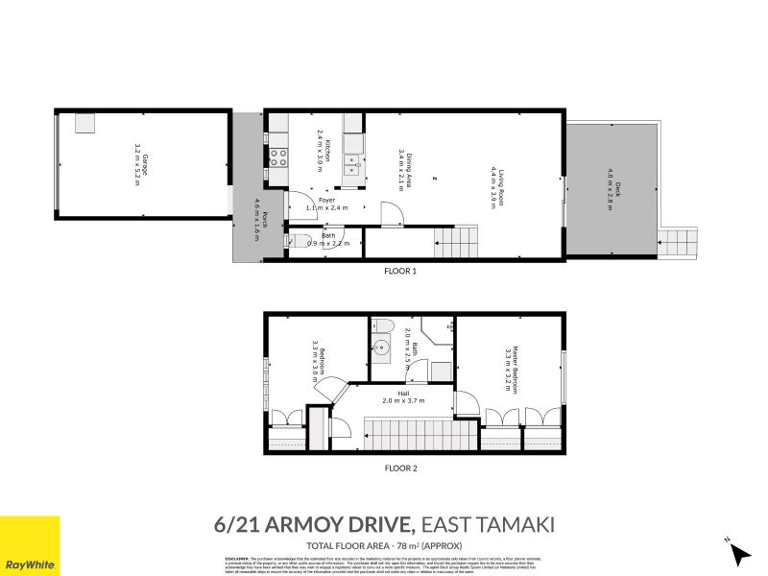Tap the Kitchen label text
point(324,151)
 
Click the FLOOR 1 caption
point(399,272)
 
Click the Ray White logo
point(30,545)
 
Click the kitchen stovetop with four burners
point(278,156)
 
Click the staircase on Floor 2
point(420,435)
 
